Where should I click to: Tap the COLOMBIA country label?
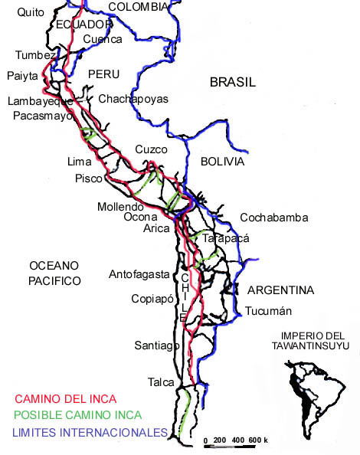point(138,7)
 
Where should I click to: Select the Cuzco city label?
point(150,149)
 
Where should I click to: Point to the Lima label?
point(80,162)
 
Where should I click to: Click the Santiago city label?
point(156,345)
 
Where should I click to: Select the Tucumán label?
point(269,312)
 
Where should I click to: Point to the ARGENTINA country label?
point(280,290)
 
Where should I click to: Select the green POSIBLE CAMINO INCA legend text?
point(79,416)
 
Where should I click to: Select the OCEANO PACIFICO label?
point(54,273)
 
